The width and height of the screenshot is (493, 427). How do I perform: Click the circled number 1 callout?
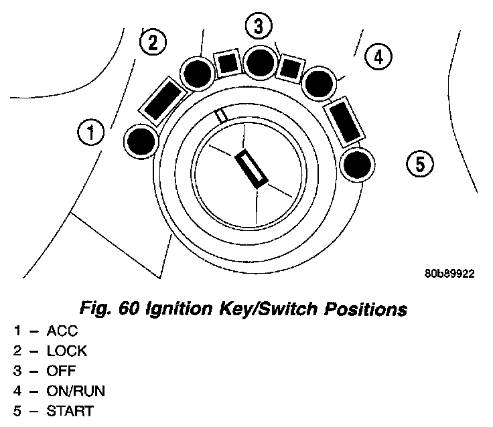pyautogui.click(x=90, y=132)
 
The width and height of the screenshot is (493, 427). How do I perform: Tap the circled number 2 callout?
pyautogui.click(x=152, y=44)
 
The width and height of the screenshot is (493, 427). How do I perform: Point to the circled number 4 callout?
pyautogui.click(x=378, y=58)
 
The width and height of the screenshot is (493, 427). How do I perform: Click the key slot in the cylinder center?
pyautogui.click(x=252, y=167)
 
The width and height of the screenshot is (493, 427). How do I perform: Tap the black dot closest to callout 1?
pyautogui.click(x=141, y=142)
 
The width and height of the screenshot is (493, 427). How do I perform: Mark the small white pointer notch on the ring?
pyautogui.click(x=221, y=115)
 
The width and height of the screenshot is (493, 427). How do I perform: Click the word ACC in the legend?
pyautogui.click(x=62, y=331)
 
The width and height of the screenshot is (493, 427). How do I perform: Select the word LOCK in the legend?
pyautogui.click(x=66, y=351)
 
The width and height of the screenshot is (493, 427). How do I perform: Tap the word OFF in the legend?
pyautogui.click(x=61, y=370)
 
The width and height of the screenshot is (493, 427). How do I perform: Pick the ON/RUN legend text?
pyautogui.click(x=76, y=390)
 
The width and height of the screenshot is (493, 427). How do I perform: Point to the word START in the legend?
pyautogui.click(x=70, y=410)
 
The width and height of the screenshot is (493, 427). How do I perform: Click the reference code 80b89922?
pyautogui.click(x=449, y=274)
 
